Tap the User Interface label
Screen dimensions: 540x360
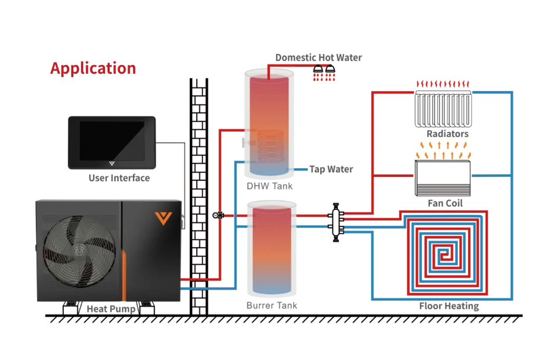(x=119, y=178)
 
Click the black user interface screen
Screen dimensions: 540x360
(x=112, y=142)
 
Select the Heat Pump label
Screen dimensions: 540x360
(x=111, y=309)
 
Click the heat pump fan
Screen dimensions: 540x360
(x=79, y=251)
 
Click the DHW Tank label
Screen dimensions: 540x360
(x=269, y=186)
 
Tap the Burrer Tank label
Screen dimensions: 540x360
(x=272, y=305)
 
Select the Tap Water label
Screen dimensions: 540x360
(x=331, y=169)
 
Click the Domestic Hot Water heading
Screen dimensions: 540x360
(x=319, y=57)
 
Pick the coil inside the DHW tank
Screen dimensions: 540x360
(x=271, y=147)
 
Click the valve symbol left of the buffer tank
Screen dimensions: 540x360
(x=218, y=216)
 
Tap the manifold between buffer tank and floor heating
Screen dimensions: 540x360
(x=336, y=222)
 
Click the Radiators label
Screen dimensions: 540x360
(x=448, y=133)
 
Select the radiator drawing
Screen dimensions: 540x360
(x=443, y=109)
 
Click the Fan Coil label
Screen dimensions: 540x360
(x=445, y=203)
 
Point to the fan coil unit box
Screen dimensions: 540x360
(x=443, y=178)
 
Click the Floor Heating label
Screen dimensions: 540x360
(x=449, y=306)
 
